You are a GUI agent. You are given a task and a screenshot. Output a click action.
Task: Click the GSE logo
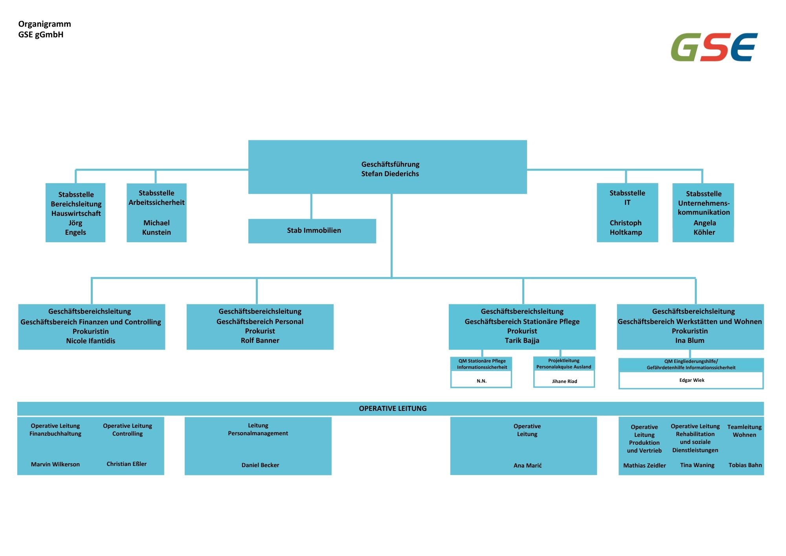click(714, 47)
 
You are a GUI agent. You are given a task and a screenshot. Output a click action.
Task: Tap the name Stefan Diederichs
click(390, 174)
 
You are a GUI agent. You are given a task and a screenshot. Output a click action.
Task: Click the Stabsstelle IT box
click(627, 212)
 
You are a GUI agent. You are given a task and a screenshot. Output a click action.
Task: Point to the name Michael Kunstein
click(156, 228)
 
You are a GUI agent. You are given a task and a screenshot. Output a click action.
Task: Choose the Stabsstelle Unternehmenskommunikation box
click(703, 212)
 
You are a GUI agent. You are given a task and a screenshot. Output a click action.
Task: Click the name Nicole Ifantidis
click(91, 341)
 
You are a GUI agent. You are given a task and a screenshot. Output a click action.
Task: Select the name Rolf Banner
click(260, 341)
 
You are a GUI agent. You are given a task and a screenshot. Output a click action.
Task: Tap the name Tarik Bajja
click(522, 341)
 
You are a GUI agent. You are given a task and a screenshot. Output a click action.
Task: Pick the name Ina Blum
click(690, 341)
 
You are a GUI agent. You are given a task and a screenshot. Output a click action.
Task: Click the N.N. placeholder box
click(481, 381)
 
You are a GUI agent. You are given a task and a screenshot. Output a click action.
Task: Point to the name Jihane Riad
click(564, 381)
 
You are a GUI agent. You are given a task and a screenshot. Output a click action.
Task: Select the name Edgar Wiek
click(692, 380)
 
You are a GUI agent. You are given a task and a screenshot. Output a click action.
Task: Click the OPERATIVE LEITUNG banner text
click(393, 409)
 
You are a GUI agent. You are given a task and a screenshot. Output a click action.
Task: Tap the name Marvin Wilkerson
click(55, 464)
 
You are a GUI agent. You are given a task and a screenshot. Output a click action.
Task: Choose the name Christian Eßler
click(127, 464)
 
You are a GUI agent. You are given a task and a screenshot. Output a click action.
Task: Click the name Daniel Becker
click(260, 465)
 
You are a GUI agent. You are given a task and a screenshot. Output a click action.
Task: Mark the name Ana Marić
click(527, 466)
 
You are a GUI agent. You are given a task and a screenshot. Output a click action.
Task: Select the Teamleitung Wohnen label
click(744, 431)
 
